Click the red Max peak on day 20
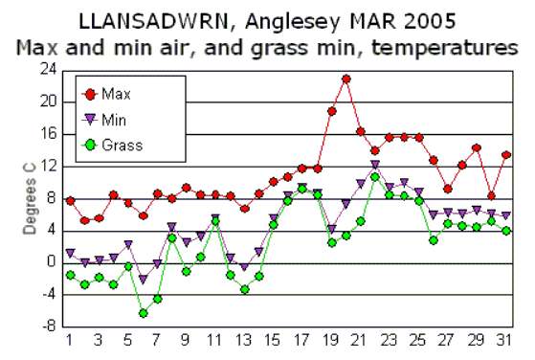pos(346,79)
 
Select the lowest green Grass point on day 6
pos(143,313)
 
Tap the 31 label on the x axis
pos(506,341)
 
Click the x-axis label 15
pos(274,341)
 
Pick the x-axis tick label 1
pos(70,341)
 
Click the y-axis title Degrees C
pos(29,197)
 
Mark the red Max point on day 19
pos(332,111)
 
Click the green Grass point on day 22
pos(375,176)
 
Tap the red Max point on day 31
pos(506,155)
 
